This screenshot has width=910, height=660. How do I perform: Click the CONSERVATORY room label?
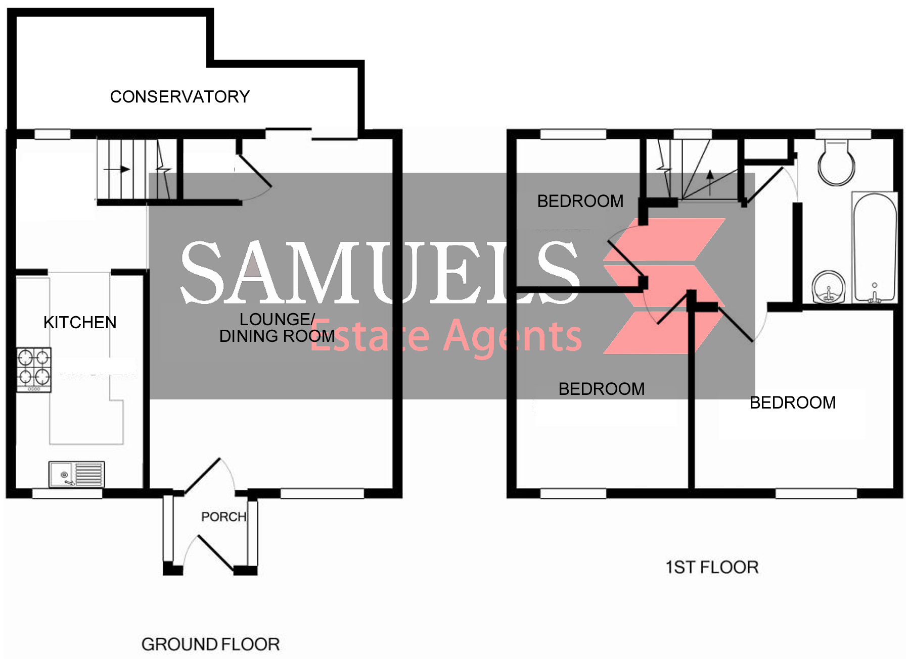(180, 96)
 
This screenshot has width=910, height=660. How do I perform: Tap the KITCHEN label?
(80, 322)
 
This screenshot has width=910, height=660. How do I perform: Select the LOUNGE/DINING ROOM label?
(277, 328)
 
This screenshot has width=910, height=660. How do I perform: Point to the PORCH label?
(223, 517)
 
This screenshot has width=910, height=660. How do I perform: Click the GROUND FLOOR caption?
(210, 644)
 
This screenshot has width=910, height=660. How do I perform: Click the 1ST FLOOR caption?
(712, 567)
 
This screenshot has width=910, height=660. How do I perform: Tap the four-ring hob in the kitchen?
(34, 370)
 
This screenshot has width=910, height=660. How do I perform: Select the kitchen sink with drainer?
(76, 474)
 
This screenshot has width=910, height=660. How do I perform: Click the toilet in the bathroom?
(837, 162)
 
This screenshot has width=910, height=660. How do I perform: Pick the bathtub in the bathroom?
(875, 247)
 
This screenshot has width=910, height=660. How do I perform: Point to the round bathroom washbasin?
(829, 287)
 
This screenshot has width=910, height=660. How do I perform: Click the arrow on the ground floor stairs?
(117, 169)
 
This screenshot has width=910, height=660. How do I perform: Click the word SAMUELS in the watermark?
(380, 273)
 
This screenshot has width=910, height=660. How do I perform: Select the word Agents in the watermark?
(513, 336)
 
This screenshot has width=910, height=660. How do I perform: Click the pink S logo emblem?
(664, 286)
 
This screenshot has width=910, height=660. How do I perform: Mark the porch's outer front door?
(215, 554)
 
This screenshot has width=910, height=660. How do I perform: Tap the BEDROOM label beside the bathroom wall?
(793, 402)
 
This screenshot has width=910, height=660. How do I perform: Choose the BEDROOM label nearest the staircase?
(580, 201)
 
